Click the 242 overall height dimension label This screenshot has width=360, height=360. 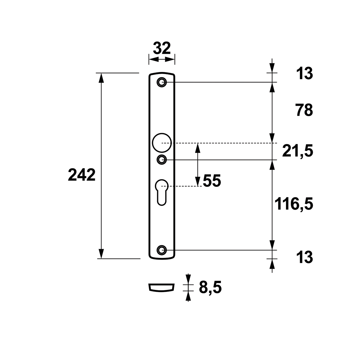[82, 175]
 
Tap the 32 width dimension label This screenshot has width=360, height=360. [162, 48]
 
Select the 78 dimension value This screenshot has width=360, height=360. [304, 110]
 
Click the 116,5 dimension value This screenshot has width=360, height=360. [294, 204]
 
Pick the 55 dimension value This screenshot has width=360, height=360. [212, 181]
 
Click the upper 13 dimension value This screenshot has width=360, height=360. [305, 73]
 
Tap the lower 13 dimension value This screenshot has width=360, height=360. [305, 257]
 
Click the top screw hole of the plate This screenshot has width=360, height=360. [162, 82]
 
